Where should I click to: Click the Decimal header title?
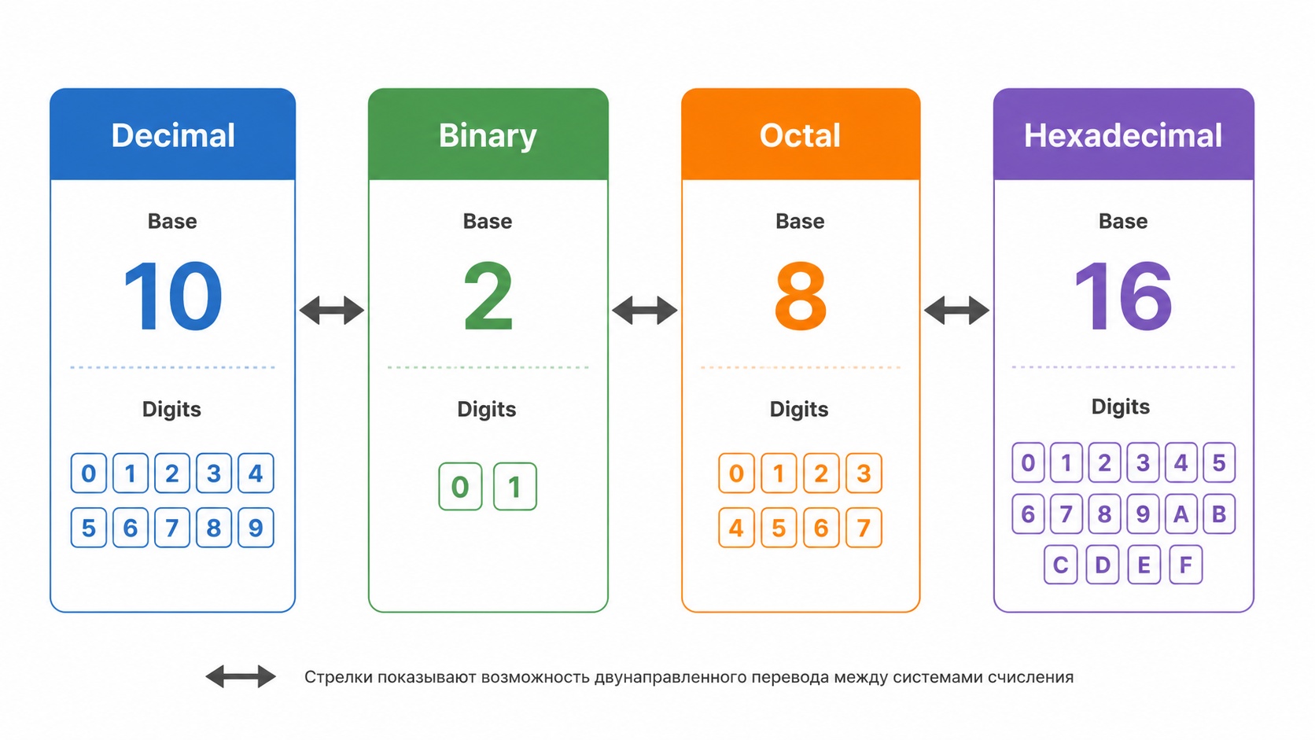pyautogui.click(x=173, y=135)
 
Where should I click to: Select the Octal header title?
pyautogui.click(x=800, y=135)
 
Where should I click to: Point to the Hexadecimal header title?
pyautogui.click(x=1123, y=135)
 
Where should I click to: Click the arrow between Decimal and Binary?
pyautogui.click(x=332, y=310)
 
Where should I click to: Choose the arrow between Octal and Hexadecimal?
pyautogui.click(x=957, y=310)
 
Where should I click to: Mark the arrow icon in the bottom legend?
pyautogui.click(x=241, y=676)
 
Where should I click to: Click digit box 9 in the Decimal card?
pyautogui.click(x=256, y=528)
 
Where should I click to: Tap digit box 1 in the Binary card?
pyautogui.click(x=515, y=487)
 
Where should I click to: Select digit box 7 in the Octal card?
pyautogui.click(x=864, y=528)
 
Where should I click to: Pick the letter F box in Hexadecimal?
pyautogui.click(x=1186, y=565)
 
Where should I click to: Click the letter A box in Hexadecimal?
pyautogui.click(x=1181, y=514)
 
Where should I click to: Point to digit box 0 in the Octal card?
pyautogui.click(x=736, y=473)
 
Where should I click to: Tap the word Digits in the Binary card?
pyautogui.click(x=487, y=409)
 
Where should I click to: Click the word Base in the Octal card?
pyautogui.click(x=800, y=221)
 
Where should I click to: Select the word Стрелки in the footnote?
pyautogui.click(x=339, y=677)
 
